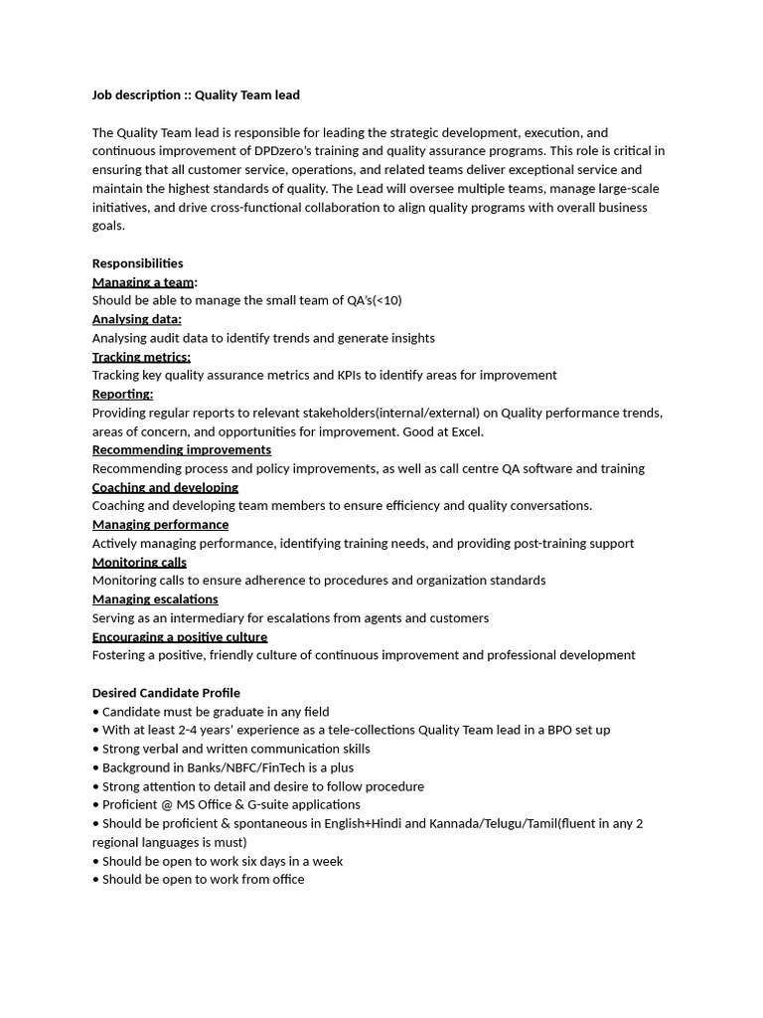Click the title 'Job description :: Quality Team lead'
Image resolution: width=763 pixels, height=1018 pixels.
(x=196, y=95)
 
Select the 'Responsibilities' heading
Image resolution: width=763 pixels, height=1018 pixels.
(x=137, y=263)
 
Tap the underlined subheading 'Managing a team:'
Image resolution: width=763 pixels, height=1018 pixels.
(x=144, y=282)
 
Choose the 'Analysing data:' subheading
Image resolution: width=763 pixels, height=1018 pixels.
(x=136, y=319)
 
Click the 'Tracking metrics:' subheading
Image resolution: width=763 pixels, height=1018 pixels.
(x=141, y=357)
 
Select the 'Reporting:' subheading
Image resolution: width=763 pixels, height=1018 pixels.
(x=122, y=394)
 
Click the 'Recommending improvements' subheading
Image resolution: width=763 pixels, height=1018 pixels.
(x=182, y=450)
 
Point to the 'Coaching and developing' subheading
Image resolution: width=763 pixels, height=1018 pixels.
(x=165, y=487)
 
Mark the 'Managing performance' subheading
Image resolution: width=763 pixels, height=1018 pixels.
(x=160, y=524)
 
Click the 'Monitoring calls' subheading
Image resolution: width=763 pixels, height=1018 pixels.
(x=139, y=562)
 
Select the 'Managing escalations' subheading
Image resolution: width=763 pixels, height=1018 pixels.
(x=155, y=599)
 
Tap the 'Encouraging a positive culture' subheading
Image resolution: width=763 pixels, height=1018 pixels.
(x=180, y=636)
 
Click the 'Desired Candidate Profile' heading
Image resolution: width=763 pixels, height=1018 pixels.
(x=166, y=693)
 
